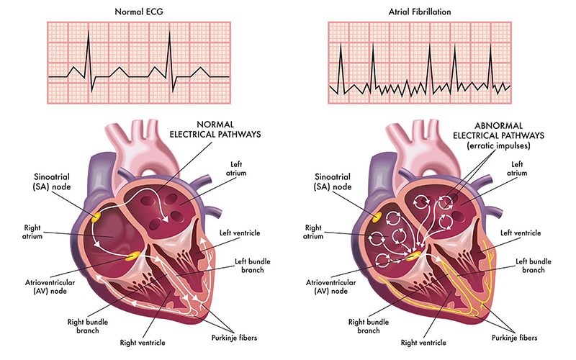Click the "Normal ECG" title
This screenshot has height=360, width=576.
(139, 12)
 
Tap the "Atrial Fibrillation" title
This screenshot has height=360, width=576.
(420, 12)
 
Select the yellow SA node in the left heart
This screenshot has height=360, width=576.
(96, 217)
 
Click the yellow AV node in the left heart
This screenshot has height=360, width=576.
(132, 256)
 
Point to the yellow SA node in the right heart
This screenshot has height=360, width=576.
(377, 217)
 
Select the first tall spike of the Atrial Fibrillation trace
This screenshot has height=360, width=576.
(341, 68)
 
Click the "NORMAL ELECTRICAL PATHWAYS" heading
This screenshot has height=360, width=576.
(215, 130)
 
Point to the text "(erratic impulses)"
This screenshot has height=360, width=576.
(498, 146)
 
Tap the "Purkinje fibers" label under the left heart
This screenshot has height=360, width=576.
(234, 338)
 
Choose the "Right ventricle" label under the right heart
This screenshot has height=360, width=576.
(423, 343)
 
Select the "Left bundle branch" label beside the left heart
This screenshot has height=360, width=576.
(253, 266)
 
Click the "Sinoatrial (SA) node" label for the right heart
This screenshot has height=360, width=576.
(333, 181)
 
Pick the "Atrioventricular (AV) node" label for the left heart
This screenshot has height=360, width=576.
(50, 287)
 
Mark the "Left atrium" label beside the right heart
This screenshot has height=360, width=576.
(517, 168)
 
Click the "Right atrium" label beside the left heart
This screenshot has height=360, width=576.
(32, 232)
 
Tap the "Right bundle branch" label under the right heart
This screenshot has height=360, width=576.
(369, 326)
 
